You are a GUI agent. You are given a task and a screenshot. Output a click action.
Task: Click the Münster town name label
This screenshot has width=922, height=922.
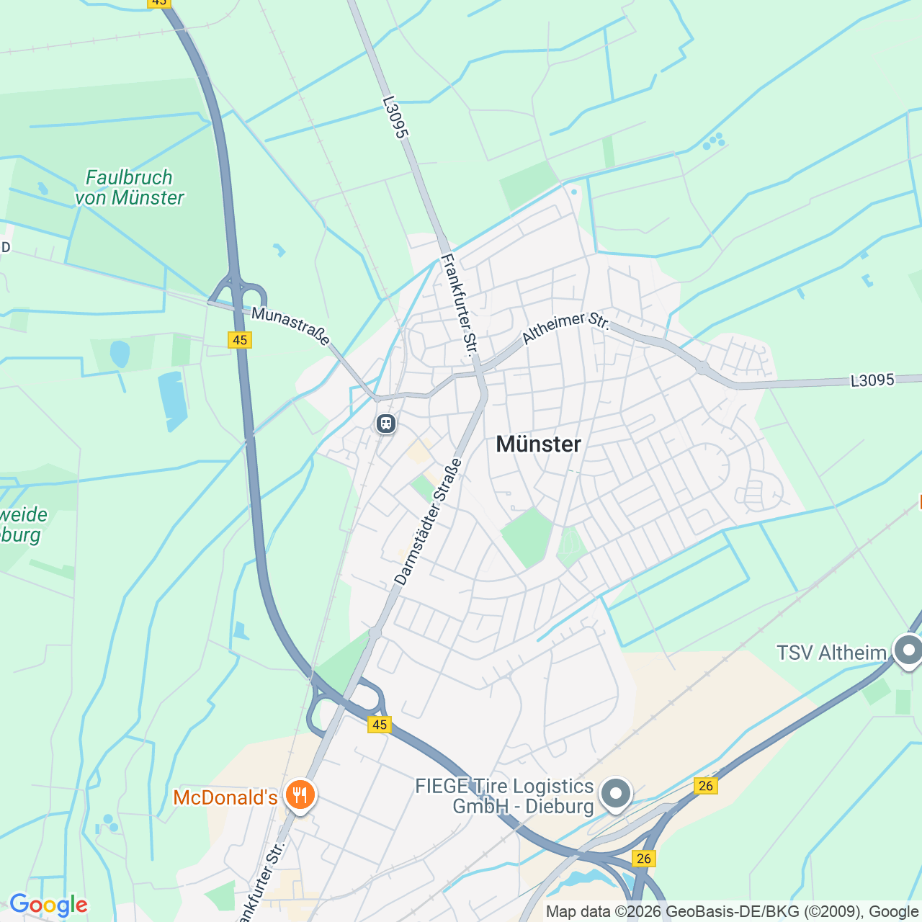pyautogui.click(x=538, y=444)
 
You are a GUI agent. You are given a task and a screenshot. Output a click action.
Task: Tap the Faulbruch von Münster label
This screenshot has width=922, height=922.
pyautogui.click(x=130, y=187)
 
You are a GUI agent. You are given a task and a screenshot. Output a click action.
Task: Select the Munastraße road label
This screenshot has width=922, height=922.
pyautogui.click(x=290, y=325)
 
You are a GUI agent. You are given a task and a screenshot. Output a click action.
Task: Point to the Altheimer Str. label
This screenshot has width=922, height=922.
pyautogui.click(x=565, y=328)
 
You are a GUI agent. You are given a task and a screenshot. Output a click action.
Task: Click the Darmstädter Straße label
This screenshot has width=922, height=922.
pyautogui.click(x=427, y=522)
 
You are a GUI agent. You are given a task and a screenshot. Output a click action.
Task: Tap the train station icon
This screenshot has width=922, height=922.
pyautogui.click(x=386, y=423)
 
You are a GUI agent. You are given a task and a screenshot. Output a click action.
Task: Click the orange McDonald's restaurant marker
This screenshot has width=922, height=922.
pyautogui.click(x=299, y=795)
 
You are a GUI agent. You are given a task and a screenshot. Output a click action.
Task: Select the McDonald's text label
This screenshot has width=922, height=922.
pyautogui.click(x=225, y=798)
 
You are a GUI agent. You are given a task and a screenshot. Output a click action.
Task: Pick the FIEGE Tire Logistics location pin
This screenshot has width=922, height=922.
pyautogui.click(x=615, y=794)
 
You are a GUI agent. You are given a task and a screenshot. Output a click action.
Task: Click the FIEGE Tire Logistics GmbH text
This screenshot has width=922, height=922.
pyautogui.click(x=504, y=796)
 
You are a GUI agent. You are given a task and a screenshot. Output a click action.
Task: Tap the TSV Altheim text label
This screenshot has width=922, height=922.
pyautogui.click(x=831, y=653)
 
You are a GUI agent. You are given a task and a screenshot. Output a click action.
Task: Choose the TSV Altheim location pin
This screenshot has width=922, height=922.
pyautogui.click(x=908, y=650)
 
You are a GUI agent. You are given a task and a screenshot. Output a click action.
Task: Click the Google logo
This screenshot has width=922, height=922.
pyautogui.click(x=48, y=905)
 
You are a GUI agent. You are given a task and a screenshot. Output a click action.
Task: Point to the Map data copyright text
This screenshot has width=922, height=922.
pyautogui.click(x=732, y=912)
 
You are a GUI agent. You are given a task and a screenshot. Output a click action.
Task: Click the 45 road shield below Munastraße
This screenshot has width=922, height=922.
pyautogui.click(x=240, y=340)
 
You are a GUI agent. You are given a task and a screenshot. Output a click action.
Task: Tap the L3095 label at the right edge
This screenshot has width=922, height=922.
pyautogui.click(x=872, y=380)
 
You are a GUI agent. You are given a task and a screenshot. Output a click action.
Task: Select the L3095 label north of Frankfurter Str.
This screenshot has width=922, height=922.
pyautogui.click(x=396, y=117)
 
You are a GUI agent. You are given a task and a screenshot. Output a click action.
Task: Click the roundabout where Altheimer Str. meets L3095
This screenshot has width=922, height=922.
pyautogui.click(x=702, y=368)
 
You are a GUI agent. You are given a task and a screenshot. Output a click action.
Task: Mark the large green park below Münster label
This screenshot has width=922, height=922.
pyautogui.click(x=527, y=537)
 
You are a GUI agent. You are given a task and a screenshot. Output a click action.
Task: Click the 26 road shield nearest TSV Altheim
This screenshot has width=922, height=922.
pyautogui.click(x=706, y=786)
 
